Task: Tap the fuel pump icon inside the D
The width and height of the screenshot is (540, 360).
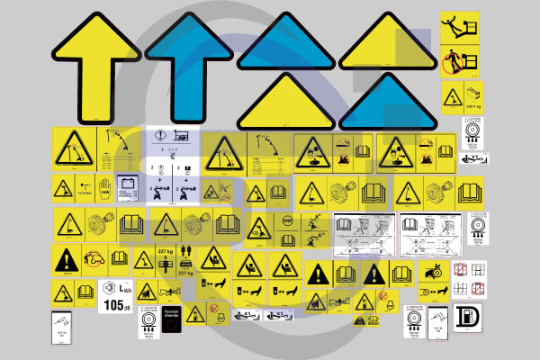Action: pyautogui.click(x=467, y=320)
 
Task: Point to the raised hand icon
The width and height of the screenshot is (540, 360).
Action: pyautogui.click(x=103, y=190)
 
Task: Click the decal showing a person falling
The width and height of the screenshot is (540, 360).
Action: pyautogui.click(x=459, y=27)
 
